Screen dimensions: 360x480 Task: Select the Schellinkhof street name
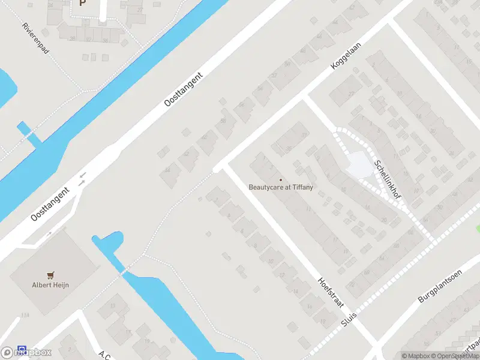(x=388, y=179)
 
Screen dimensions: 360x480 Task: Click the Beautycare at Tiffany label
(x=281, y=187)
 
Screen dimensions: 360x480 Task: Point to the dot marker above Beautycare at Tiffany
(x=280, y=179)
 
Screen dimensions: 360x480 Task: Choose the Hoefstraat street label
(x=331, y=292)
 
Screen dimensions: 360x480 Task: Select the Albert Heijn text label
(x=50, y=285)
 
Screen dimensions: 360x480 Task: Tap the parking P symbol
(x=82, y=2)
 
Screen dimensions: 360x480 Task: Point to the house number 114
(x=25, y=315)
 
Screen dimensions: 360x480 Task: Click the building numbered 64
(x=382, y=258)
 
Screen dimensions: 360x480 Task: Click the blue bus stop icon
(x=22, y=349)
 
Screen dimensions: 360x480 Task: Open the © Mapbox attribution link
(x=416, y=356)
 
